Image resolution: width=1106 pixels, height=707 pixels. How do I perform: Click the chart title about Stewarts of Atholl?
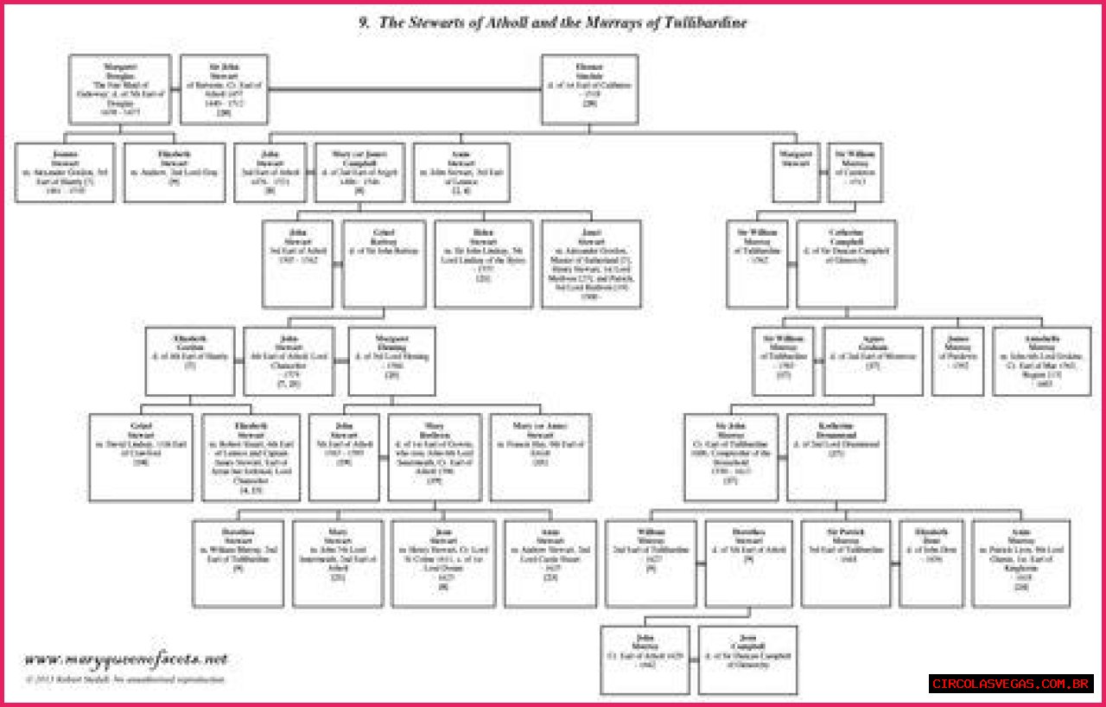coord(553,23)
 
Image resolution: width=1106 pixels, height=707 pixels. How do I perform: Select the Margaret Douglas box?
coord(120,89)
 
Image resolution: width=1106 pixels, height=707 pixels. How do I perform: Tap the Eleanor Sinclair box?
coord(589,89)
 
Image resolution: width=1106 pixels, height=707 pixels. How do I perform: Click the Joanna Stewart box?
coord(65,172)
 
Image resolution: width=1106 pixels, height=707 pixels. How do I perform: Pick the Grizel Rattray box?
coord(384,264)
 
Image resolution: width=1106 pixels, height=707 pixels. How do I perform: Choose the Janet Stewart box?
coord(591,264)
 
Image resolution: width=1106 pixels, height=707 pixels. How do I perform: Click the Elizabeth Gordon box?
coord(190,361)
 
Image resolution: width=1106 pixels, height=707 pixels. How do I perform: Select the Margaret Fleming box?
coord(391,361)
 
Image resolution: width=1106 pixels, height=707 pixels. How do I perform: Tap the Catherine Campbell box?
coord(846,264)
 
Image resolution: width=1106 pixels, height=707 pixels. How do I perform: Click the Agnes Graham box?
coord(873,361)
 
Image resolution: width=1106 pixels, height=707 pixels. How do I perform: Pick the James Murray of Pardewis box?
coord(957,361)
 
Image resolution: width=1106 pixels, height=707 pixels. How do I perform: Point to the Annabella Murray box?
coord(1041,361)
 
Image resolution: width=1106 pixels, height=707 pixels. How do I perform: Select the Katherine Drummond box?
coord(836,457)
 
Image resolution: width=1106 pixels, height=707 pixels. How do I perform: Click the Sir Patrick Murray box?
coord(845,563)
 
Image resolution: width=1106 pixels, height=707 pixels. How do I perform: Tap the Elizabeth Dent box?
coord(931,563)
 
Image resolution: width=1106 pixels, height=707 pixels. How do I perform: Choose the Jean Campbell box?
coord(747,659)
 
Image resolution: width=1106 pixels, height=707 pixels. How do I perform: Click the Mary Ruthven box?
coord(435,457)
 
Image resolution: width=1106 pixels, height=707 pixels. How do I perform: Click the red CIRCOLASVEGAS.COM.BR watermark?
coord(1011,684)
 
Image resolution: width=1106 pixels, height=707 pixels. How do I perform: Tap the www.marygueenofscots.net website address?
coord(126,659)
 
